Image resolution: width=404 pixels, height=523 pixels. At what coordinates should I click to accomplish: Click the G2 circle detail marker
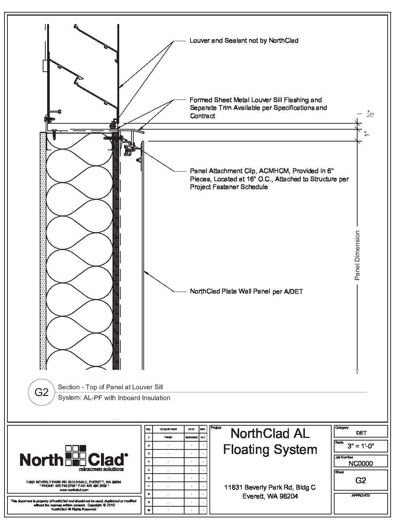(42, 392)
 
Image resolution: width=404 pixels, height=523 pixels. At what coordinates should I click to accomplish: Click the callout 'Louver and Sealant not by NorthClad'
(244, 40)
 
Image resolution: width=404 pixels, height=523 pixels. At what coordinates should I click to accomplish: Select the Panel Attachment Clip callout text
(269, 179)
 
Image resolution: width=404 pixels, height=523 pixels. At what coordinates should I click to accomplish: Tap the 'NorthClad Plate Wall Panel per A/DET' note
(246, 292)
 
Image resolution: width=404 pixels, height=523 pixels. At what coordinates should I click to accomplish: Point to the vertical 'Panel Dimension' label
(357, 255)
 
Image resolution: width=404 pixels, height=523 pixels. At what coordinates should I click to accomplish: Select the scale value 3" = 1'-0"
(361, 446)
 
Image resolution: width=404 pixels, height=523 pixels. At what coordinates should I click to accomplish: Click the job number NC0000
(361, 463)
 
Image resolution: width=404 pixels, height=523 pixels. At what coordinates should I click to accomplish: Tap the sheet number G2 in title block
(361, 480)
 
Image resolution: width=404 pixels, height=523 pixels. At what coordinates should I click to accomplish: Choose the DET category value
(361, 433)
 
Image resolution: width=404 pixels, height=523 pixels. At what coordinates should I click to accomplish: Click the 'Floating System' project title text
(270, 449)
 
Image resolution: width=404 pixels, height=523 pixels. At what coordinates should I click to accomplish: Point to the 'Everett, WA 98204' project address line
(270, 496)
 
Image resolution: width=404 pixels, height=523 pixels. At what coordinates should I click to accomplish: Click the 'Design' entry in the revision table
(168, 437)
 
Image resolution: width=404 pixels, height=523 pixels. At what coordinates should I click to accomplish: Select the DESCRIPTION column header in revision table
(168, 429)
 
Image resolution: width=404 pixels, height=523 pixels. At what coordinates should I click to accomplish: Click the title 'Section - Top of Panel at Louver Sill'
(110, 387)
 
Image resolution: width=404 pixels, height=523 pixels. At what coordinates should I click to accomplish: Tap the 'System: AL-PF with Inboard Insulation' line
(114, 398)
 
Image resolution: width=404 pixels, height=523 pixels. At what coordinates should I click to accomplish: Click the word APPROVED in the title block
(361, 496)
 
